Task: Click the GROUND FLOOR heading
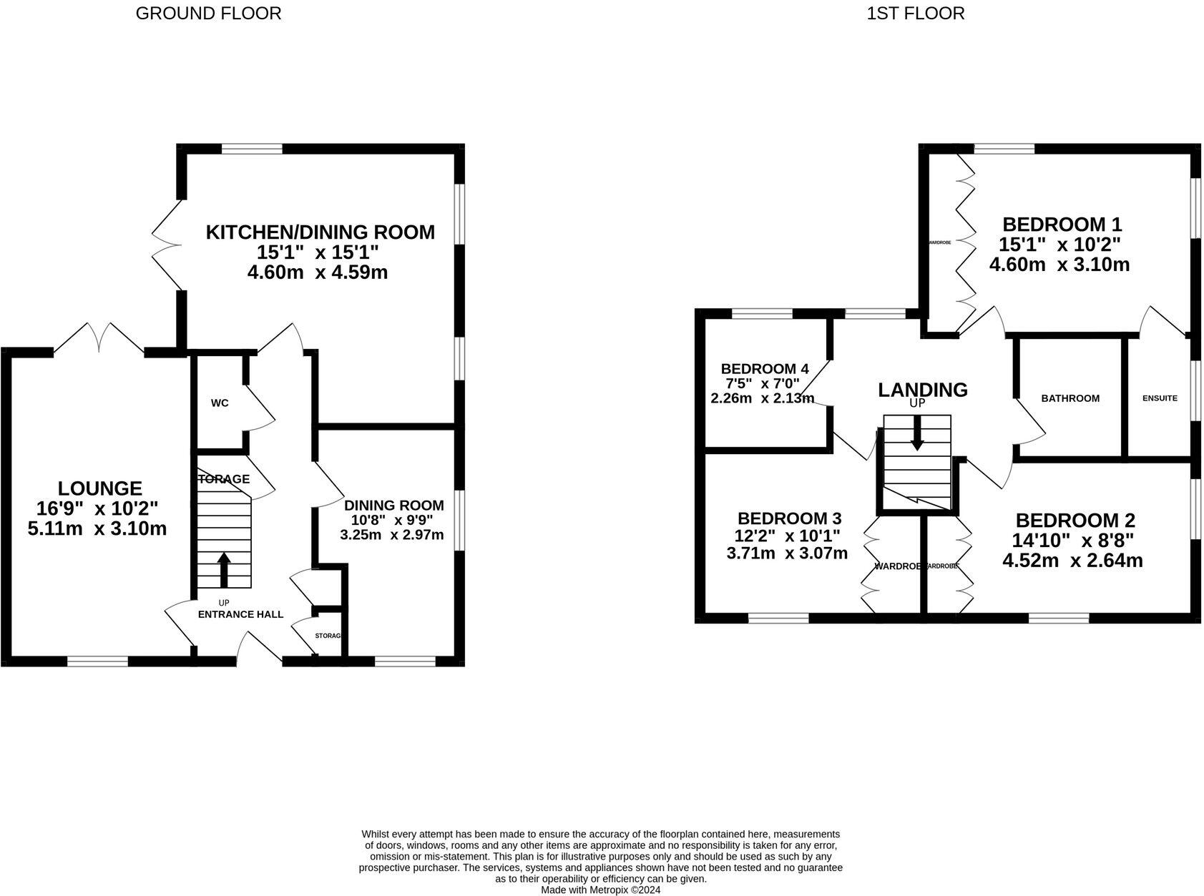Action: point(208,14)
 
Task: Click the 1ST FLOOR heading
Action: point(915,14)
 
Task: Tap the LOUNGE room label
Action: point(100,488)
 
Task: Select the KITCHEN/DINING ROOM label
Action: point(320,232)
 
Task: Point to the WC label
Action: point(220,403)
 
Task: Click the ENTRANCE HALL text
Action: point(240,614)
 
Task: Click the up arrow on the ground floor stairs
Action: point(224,569)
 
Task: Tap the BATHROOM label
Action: point(1070,398)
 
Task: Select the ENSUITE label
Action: point(1159,398)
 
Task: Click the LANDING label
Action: point(923,390)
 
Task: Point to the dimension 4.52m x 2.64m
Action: point(1072,561)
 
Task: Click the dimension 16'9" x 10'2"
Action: point(97,508)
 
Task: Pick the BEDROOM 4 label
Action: point(765,369)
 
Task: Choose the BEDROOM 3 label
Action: point(789,518)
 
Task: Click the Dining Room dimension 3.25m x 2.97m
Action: point(391,535)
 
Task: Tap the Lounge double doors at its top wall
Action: point(99,338)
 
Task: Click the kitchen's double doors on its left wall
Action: point(167,245)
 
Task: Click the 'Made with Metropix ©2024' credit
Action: point(600,890)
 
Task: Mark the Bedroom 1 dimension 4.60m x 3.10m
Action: point(1059,265)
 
